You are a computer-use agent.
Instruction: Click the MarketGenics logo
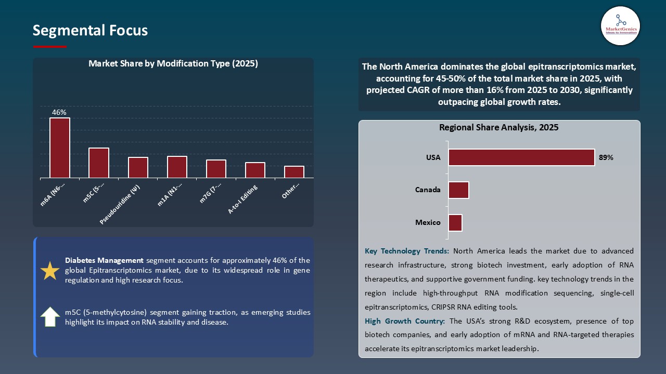[620, 25]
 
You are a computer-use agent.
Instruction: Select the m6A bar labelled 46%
[60, 148]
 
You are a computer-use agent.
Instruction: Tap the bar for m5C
[99, 163]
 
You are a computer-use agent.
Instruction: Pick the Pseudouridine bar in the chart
[138, 168]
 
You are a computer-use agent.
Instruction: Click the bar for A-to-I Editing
[255, 170]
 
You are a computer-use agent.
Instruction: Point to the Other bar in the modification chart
[294, 172]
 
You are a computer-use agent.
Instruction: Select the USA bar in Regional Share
[521, 157]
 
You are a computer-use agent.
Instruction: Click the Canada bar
[458, 190]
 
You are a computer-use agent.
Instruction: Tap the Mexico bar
[455, 223]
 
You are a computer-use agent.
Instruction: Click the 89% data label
[606, 157]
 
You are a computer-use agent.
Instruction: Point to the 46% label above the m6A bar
[59, 112]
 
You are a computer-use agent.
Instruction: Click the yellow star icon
[50, 271]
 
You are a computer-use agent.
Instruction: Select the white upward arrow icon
[50, 317]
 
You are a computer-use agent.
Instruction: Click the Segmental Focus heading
[90, 31]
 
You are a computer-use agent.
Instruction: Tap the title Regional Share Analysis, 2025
[498, 127]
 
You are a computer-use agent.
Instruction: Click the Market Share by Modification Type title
[173, 63]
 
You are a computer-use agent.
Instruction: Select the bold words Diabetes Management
[104, 260]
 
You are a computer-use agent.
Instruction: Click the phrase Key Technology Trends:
[407, 251]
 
